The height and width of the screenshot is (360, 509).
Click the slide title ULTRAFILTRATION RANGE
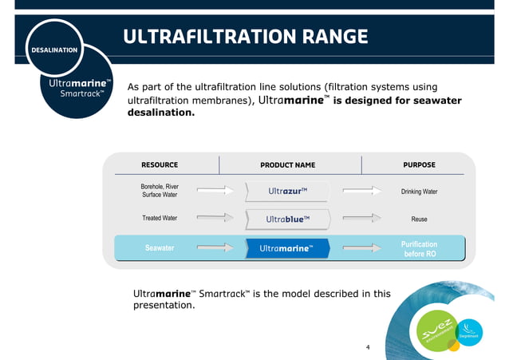tap(246, 37)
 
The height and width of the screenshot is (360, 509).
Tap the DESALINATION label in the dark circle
tap(54, 50)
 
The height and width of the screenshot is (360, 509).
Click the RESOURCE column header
tap(160, 165)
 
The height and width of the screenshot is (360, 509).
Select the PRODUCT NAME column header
tap(287, 165)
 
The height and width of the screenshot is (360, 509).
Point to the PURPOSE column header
tap(419, 165)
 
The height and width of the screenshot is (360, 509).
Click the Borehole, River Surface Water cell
tap(160, 190)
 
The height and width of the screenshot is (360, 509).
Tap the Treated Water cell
tap(160, 218)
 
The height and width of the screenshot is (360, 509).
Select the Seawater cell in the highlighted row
tap(160, 248)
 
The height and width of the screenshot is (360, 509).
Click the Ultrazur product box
tap(287, 191)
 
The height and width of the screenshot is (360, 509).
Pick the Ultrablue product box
tap(287, 219)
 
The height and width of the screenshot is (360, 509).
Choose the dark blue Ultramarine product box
tap(287, 248)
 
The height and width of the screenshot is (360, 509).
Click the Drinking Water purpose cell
tap(419, 192)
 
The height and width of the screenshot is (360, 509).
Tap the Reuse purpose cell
tap(419, 219)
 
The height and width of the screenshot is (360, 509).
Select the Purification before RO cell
tap(419, 248)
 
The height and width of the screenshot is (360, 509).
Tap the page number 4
tap(368, 347)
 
